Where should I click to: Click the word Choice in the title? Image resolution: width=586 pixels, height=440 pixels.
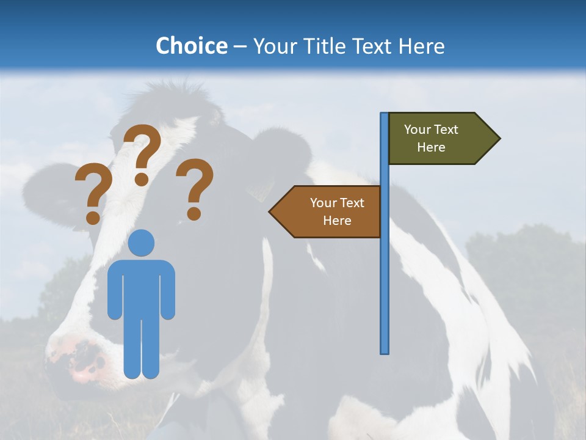(x=191, y=46)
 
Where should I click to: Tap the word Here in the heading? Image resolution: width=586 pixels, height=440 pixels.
(x=421, y=46)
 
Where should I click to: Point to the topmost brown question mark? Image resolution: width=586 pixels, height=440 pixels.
(x=143, y=153)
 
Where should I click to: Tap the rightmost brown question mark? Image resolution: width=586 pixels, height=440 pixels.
(x=195, y=188)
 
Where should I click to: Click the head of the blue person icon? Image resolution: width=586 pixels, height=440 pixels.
(x=142, y=243)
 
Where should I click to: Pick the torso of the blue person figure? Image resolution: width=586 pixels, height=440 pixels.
(x=142, y=287)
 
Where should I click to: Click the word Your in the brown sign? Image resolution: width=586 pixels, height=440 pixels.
(x=323, y=203)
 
